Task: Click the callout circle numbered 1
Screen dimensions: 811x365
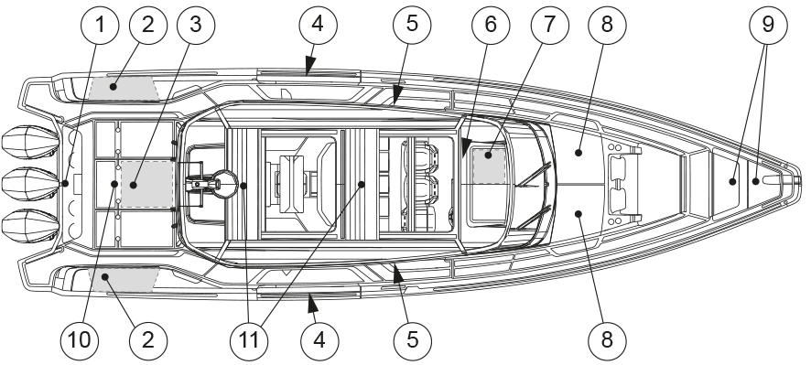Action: click(x=101, y=25)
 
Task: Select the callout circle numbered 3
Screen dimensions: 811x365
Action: click(x=196, y=25)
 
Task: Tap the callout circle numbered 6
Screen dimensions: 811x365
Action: click(x=491, y=25)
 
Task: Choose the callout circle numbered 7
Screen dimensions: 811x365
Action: click(x=549, y=25)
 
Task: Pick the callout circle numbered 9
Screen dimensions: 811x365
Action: click(x=768, y=25)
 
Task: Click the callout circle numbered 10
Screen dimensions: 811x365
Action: click(x=80, y=340)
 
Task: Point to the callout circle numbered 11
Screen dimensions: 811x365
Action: click(x=249, y=340)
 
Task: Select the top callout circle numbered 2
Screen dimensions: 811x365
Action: click(x=148, y=25)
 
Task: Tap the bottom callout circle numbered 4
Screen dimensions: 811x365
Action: click(x=319, y=340)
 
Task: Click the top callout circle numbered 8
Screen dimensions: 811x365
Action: click(x=607, y=25)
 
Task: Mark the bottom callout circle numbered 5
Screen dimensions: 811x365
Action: click(x=412, y=340)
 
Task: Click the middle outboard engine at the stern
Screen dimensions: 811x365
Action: click(x=31, y=184)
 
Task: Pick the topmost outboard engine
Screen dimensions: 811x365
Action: click(x=31, y=142)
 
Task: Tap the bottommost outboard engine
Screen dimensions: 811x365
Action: click(x=31, y=225)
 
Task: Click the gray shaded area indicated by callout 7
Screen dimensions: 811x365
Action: click(x=490, y=166)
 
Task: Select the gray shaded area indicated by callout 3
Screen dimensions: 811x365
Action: click(x=146, y=184)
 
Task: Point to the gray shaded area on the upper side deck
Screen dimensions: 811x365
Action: click(x=123, y=88)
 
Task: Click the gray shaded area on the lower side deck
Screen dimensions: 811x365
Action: click(x=123, y=279)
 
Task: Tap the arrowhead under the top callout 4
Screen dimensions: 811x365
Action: click(x=309, y=66)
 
